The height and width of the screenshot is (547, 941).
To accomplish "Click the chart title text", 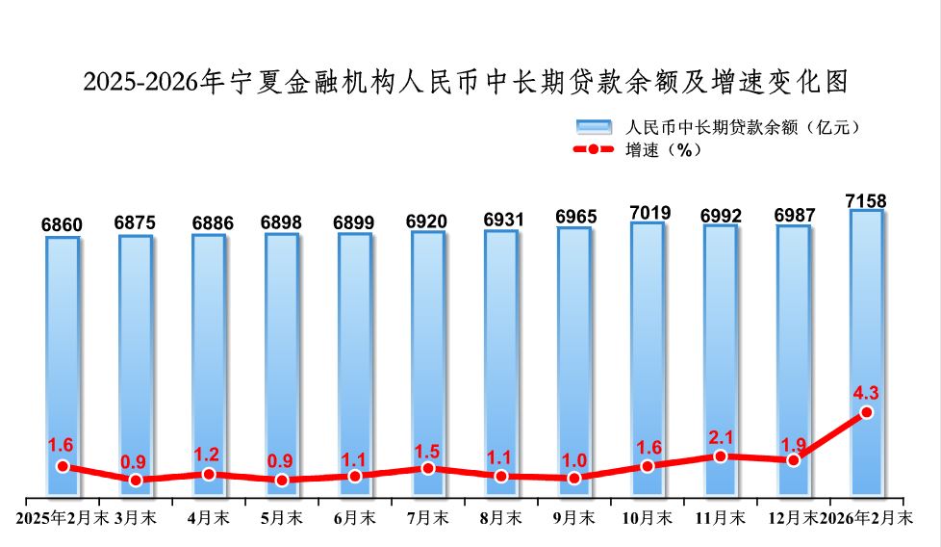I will click(466, 83).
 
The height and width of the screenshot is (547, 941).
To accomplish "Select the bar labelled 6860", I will click(63, 366).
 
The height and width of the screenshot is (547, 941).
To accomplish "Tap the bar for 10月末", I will click(648, 360).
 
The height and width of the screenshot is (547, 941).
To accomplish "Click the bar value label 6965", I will click(574, 217).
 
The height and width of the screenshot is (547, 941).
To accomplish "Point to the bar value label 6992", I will click(721, 215).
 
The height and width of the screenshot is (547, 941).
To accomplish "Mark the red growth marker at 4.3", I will click(866, 412).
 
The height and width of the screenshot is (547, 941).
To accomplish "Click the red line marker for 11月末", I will click(721, 456).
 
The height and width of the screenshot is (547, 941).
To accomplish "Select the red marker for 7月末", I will click(428, 468).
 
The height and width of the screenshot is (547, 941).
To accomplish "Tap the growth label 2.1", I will click(721, 437).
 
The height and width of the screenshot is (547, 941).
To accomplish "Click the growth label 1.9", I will click(794, 443).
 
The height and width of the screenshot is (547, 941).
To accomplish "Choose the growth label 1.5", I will click(428, 450).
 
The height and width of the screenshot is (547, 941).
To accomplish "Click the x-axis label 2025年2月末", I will click(63, 518).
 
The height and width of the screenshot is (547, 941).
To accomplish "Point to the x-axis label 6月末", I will click(355, 518).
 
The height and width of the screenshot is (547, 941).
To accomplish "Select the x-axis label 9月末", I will click(574, 518).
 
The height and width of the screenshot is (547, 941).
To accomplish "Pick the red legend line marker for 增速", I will click(594, 149).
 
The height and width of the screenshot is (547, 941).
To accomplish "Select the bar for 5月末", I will click(282, 366).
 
